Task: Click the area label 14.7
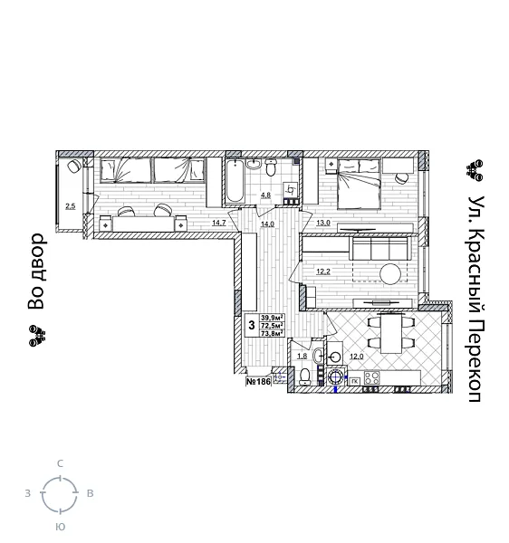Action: coord(218,223)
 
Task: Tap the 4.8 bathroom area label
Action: coord(266,195)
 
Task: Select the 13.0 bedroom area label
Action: coord(323,223)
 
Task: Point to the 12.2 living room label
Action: coord(323,271)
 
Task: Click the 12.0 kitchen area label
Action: coord(357,357)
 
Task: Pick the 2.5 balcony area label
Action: coord(70,205)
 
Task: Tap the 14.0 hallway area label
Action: coord(267,223)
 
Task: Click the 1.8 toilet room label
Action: coord(302,357)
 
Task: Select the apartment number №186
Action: coord(259,382)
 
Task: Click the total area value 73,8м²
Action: coord(273,333)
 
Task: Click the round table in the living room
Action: coord(390,273)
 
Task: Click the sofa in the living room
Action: coord(376,248)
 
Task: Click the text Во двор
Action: coord(36,271)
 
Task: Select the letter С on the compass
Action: coord(61,463)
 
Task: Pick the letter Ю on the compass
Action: coord(60,526)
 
